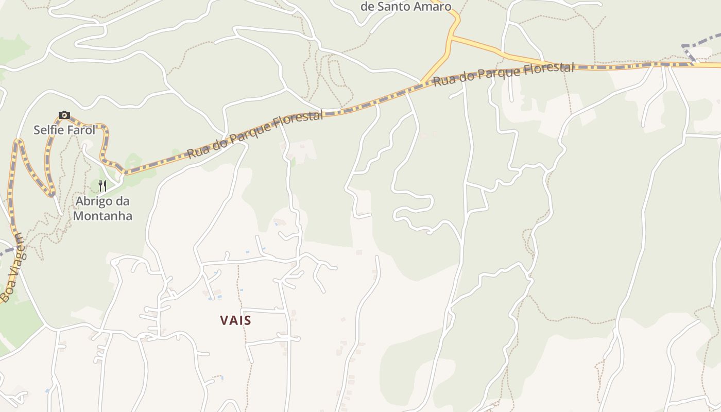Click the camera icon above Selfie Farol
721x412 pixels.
[64, 115]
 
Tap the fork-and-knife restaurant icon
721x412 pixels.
[102, 186]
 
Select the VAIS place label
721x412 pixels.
[236, 320]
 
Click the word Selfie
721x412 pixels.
[49, 130]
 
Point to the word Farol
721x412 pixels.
[81, 130]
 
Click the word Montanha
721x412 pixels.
[102, 216]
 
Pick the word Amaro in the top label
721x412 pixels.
[434, 7]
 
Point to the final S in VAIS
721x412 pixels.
[248, 320]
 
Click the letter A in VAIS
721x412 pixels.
[232, 320]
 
